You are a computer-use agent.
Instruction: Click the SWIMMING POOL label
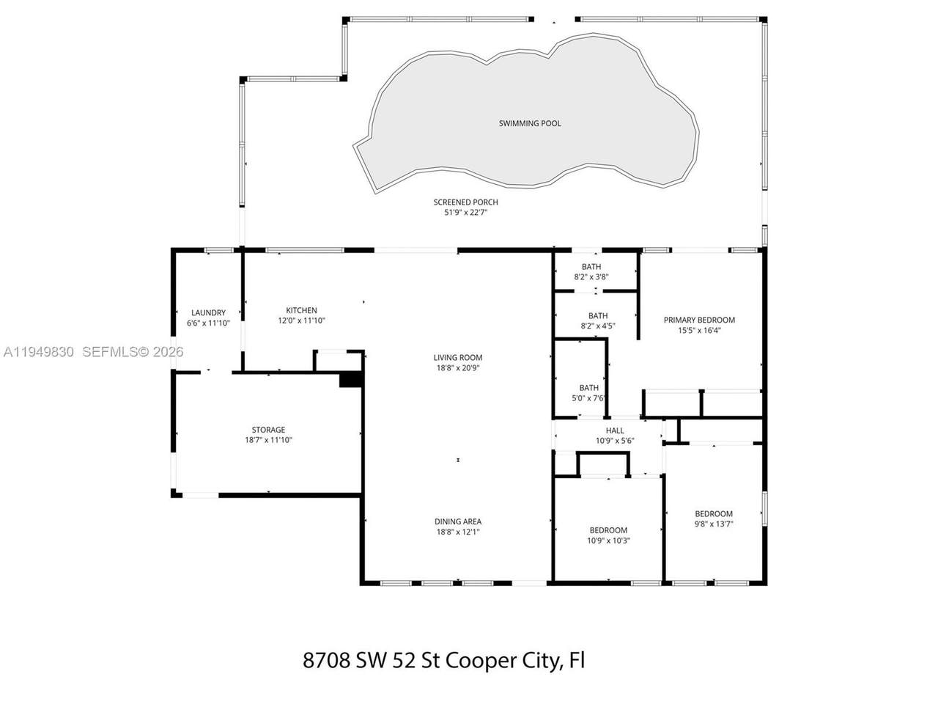530,123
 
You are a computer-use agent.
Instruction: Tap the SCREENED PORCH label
465,202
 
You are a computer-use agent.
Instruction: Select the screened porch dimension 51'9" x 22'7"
465,213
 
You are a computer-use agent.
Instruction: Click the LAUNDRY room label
208,313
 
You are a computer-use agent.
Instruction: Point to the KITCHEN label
301,310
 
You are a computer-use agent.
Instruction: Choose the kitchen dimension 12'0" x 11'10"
301,320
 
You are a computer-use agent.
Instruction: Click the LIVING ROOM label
458,357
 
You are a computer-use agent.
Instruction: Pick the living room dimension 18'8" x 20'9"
458,367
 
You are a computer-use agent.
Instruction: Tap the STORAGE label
268,430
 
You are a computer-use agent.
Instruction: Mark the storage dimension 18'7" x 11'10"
268,440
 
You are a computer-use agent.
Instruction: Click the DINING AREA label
458,521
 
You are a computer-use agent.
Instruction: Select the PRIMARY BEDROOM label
699,320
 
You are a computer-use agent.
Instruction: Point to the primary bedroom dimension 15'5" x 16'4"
699,330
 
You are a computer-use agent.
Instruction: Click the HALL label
615,430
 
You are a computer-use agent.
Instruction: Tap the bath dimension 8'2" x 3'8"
591,276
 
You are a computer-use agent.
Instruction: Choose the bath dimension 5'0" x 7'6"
588,398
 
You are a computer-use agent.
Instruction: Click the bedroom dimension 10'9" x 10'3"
608,540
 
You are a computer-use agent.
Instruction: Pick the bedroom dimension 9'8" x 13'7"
714,524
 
